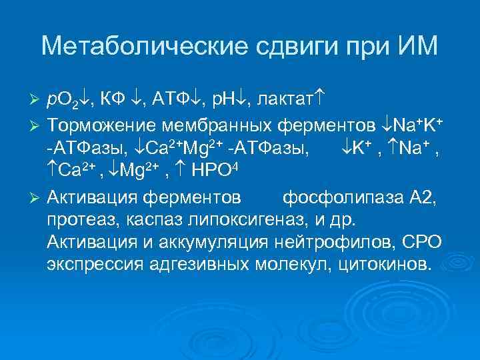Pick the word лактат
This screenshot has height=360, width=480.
pyautogui.click(x=274, y=100)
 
